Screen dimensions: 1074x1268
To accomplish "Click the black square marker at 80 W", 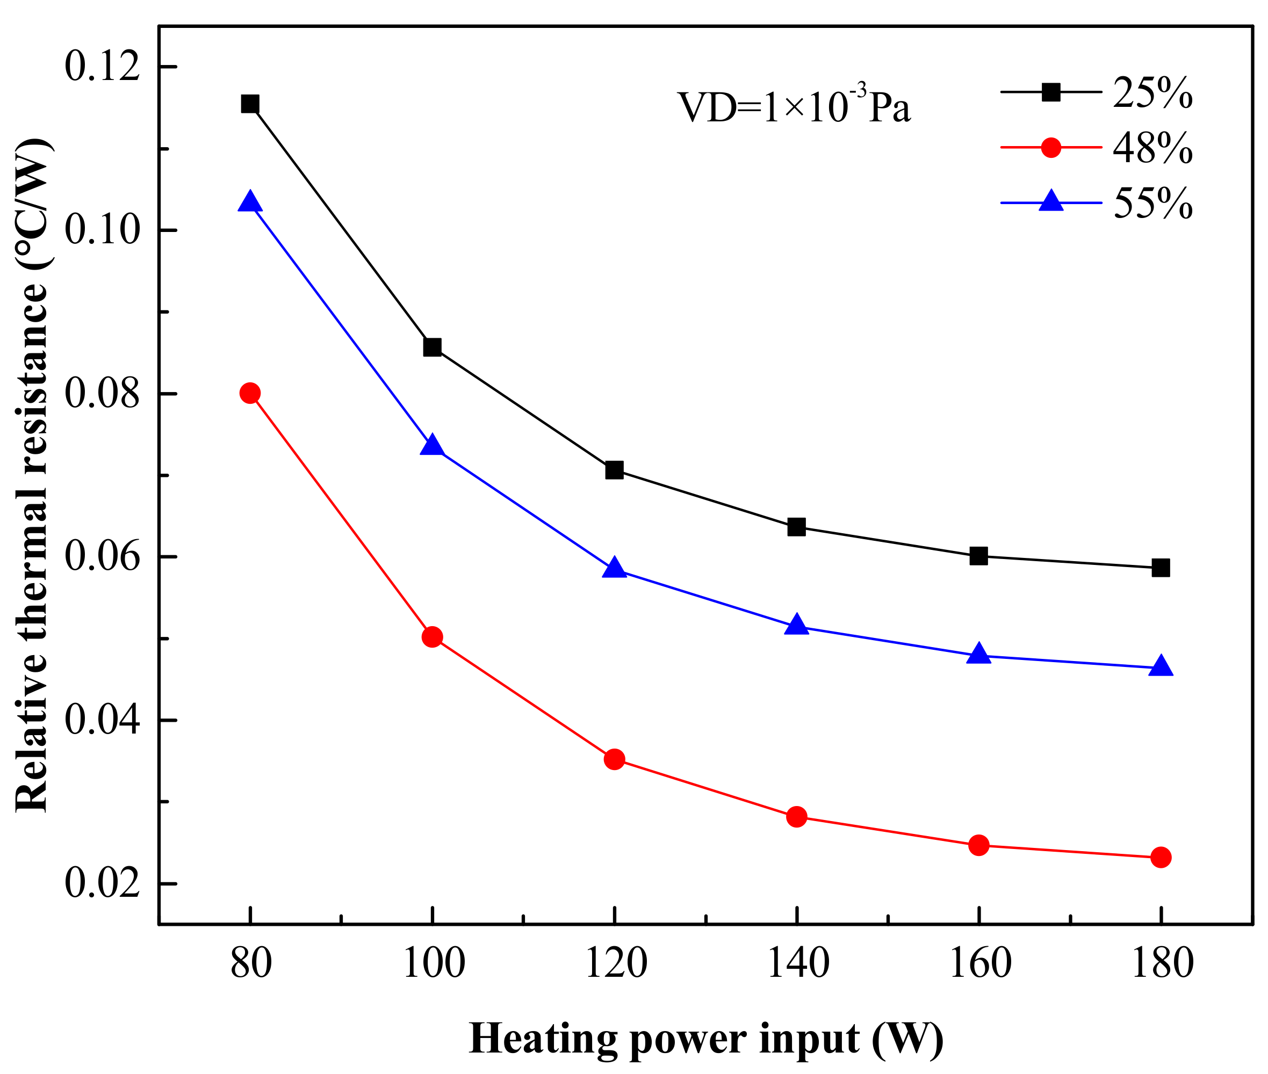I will (x=250, y=104).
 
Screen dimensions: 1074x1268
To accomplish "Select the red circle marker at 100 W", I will (x=432, y=637).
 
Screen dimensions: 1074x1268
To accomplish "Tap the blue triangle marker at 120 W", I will (x=614, y=568).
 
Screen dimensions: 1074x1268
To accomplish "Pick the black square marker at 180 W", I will (x=1160, y=568).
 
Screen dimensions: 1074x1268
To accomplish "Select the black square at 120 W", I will (x=614, y=470).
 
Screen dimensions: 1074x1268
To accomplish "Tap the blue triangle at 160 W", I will (x=978, y=654).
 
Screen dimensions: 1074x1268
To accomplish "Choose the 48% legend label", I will (x=1151, y=148).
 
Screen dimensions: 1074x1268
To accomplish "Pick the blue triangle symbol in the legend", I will (x=1050, y=201).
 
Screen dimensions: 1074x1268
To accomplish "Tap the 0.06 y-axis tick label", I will (x=102, y=556).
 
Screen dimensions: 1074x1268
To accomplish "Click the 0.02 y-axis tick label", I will (x=102, y=883).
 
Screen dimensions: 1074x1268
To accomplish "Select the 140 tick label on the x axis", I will (x=797, y=963).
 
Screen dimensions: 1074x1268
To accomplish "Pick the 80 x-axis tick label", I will (x=251, y=963).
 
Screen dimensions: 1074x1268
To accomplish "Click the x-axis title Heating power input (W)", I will (x=706, y=1038).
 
